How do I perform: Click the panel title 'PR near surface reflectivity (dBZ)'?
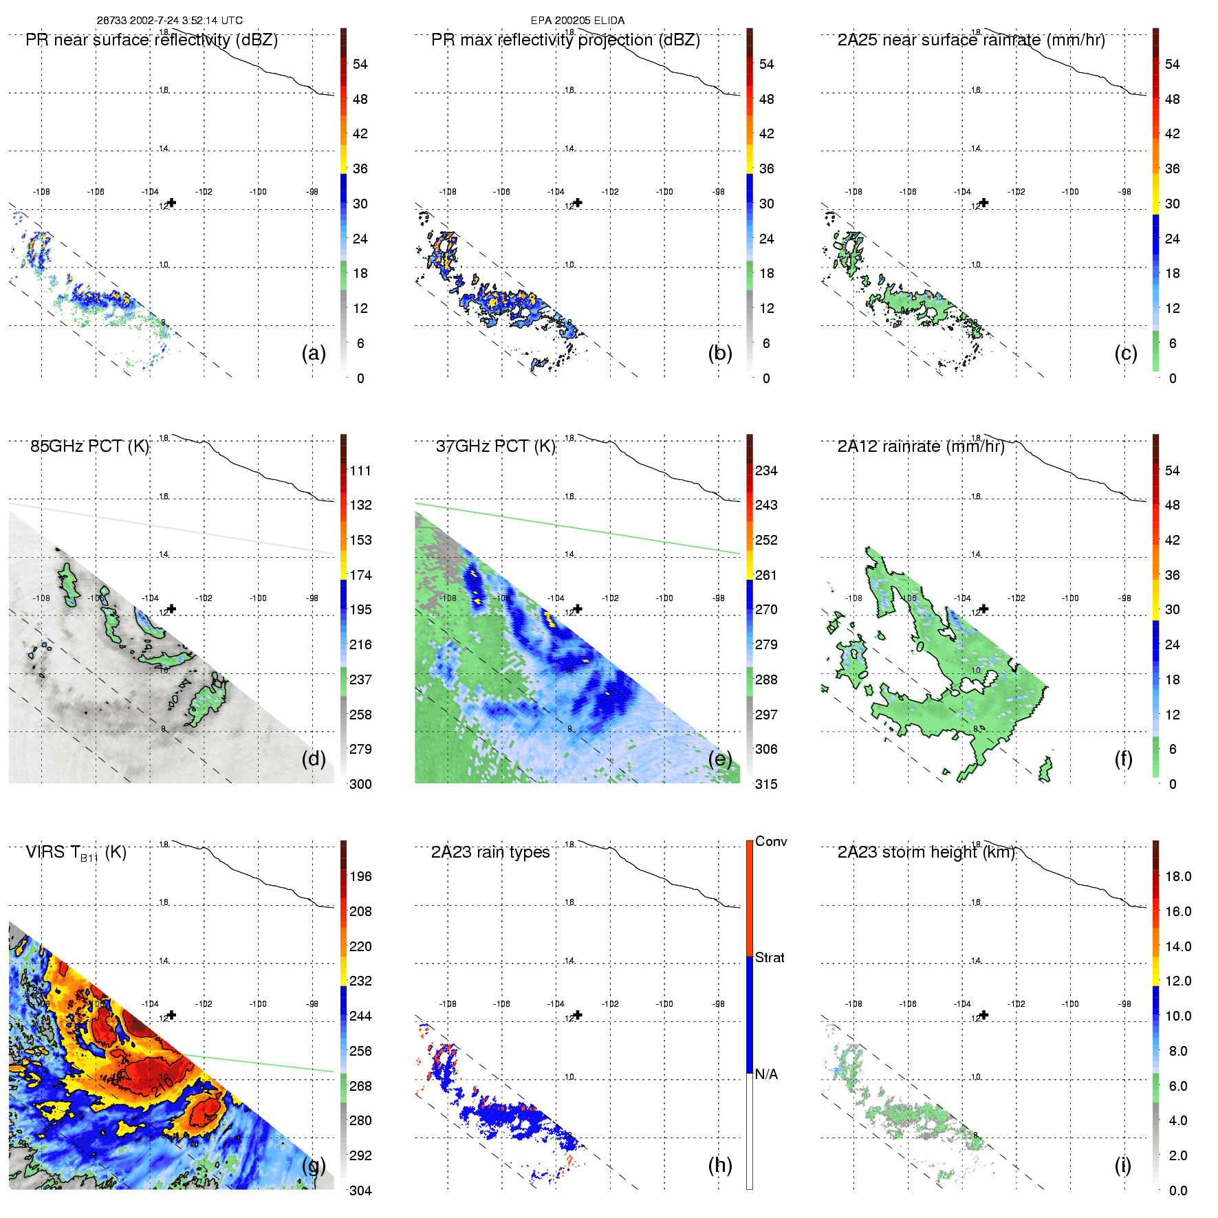click(x=151, y=40)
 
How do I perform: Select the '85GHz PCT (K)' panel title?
click(x=89, y=446)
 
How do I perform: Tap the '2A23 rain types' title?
click(x=490, y=852)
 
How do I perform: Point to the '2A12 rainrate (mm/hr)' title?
click(x=920, y=446)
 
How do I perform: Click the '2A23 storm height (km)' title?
click(x=926, y=852)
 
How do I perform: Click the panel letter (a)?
click(x=314, y=353)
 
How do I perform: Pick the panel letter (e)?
click(x=720, y=759)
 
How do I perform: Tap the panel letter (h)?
click(x=720, y=1164)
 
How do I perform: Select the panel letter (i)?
click(x=1122, y=1164)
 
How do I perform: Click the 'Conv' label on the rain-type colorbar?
click(x=771, y=841)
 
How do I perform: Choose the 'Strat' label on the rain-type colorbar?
click(x=770, y=957)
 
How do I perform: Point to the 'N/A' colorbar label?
click(x=766, y=1074)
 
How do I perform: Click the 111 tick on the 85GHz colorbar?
click(x=360, y=470)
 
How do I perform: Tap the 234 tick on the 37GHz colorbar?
click(x=766, y=470)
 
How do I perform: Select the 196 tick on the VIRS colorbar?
click(x=360, y=876)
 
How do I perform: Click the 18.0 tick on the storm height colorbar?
click(x=1177, y=876)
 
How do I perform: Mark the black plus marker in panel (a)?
click(x=172, y=203)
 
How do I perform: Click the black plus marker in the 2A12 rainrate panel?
click(x=984, y=609)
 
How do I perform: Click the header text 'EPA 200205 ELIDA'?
click(x=578, y=21)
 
